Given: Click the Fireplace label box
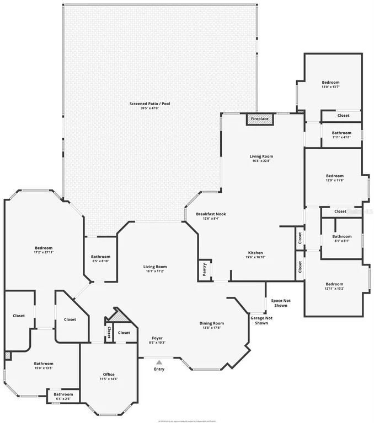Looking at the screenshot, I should coord(259,119).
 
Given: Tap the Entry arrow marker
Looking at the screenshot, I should coord(159,362).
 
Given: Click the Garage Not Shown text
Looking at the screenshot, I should coord(261,321).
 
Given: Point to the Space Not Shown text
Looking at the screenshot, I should coord(280,303).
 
